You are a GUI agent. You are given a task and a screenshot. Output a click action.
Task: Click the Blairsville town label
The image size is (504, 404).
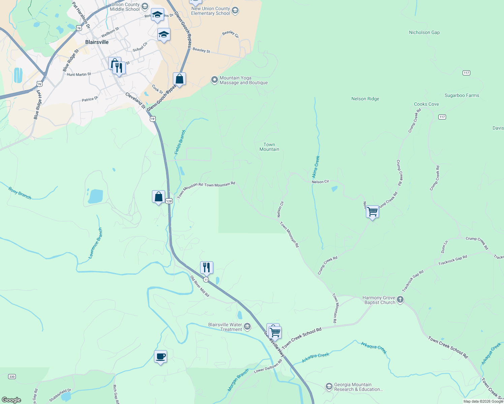pos(97,42)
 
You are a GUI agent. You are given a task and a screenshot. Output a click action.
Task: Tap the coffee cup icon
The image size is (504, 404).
pos(160,357)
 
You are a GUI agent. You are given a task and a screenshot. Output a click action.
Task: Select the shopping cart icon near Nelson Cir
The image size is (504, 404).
pos(373,212)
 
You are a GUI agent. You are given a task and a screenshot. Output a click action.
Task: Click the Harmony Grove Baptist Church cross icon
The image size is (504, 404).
pos(400,300)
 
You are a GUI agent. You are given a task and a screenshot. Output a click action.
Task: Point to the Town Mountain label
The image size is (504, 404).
pos(269,147)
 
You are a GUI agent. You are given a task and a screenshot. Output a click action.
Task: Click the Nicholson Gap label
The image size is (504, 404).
pos(424,33)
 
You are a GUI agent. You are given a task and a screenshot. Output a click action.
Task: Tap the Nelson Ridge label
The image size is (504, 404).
pos(365,99)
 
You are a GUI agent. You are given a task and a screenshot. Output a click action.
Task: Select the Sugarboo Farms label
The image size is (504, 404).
pos(462,96)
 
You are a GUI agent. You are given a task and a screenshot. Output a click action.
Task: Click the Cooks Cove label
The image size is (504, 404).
pos(426,104)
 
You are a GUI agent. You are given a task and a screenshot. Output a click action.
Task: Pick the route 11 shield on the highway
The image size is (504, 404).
pos(206,280)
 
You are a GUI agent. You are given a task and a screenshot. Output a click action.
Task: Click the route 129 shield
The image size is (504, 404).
pos(169,201)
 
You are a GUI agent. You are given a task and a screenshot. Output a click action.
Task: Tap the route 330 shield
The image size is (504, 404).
pos(12,377)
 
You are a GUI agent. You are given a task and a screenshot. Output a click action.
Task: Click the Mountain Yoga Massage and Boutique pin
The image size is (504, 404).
pos(214,80)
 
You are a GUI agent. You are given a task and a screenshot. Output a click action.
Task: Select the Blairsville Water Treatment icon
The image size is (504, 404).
pos(247,327)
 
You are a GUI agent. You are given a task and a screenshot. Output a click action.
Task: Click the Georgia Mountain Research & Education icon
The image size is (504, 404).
pos(329,387)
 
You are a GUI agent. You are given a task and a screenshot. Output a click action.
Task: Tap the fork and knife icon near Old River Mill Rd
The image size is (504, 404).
pos(207,268)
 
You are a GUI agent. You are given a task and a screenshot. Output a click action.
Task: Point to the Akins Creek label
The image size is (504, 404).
pos(316,167)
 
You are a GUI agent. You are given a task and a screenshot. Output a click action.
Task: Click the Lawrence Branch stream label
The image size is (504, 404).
pos(95,243)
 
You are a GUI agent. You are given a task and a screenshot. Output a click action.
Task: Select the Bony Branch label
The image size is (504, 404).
pos(20,194)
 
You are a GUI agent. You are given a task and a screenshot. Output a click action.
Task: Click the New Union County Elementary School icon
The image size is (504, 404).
pos(235,11)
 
